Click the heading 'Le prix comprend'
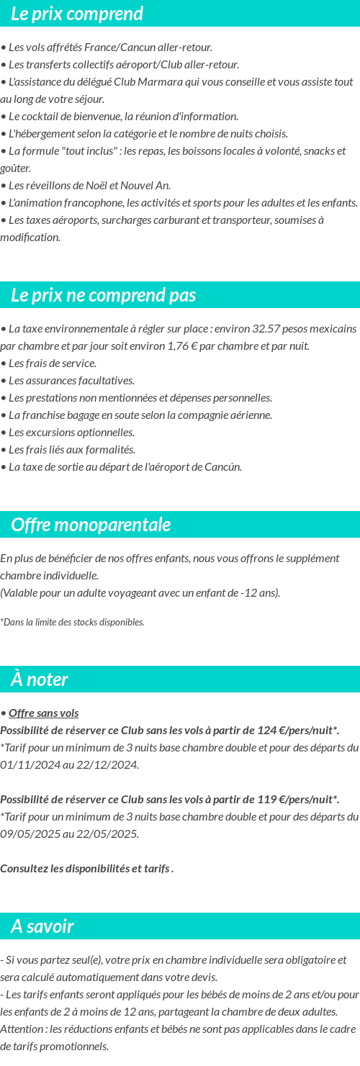coord(77,14)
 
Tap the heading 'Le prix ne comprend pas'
coord(104,295)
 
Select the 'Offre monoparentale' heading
coord(91,525)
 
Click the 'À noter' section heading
coord(40,679)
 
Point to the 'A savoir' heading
coord(42,926)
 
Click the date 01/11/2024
coord(28,765)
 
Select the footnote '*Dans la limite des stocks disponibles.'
coord(72,622)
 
